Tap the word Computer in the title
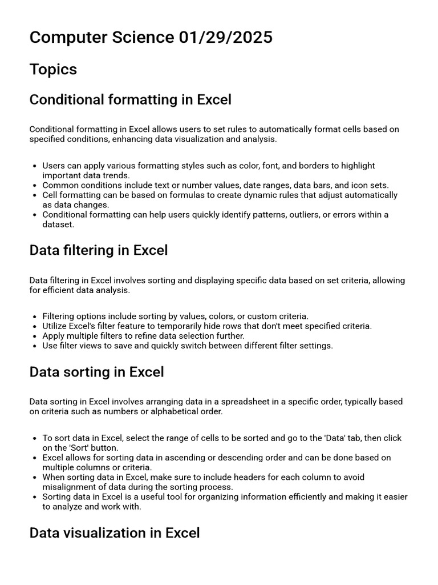coord(64,38)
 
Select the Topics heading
coord(53,69)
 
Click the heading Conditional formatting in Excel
coord(130,100)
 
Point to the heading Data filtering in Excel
coord(98,250)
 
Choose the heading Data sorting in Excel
coord(96,372)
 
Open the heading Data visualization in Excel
coord(114,533)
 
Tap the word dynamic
coord(240,195)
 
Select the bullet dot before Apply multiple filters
coord(35,336)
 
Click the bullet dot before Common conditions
coord(35,185)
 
